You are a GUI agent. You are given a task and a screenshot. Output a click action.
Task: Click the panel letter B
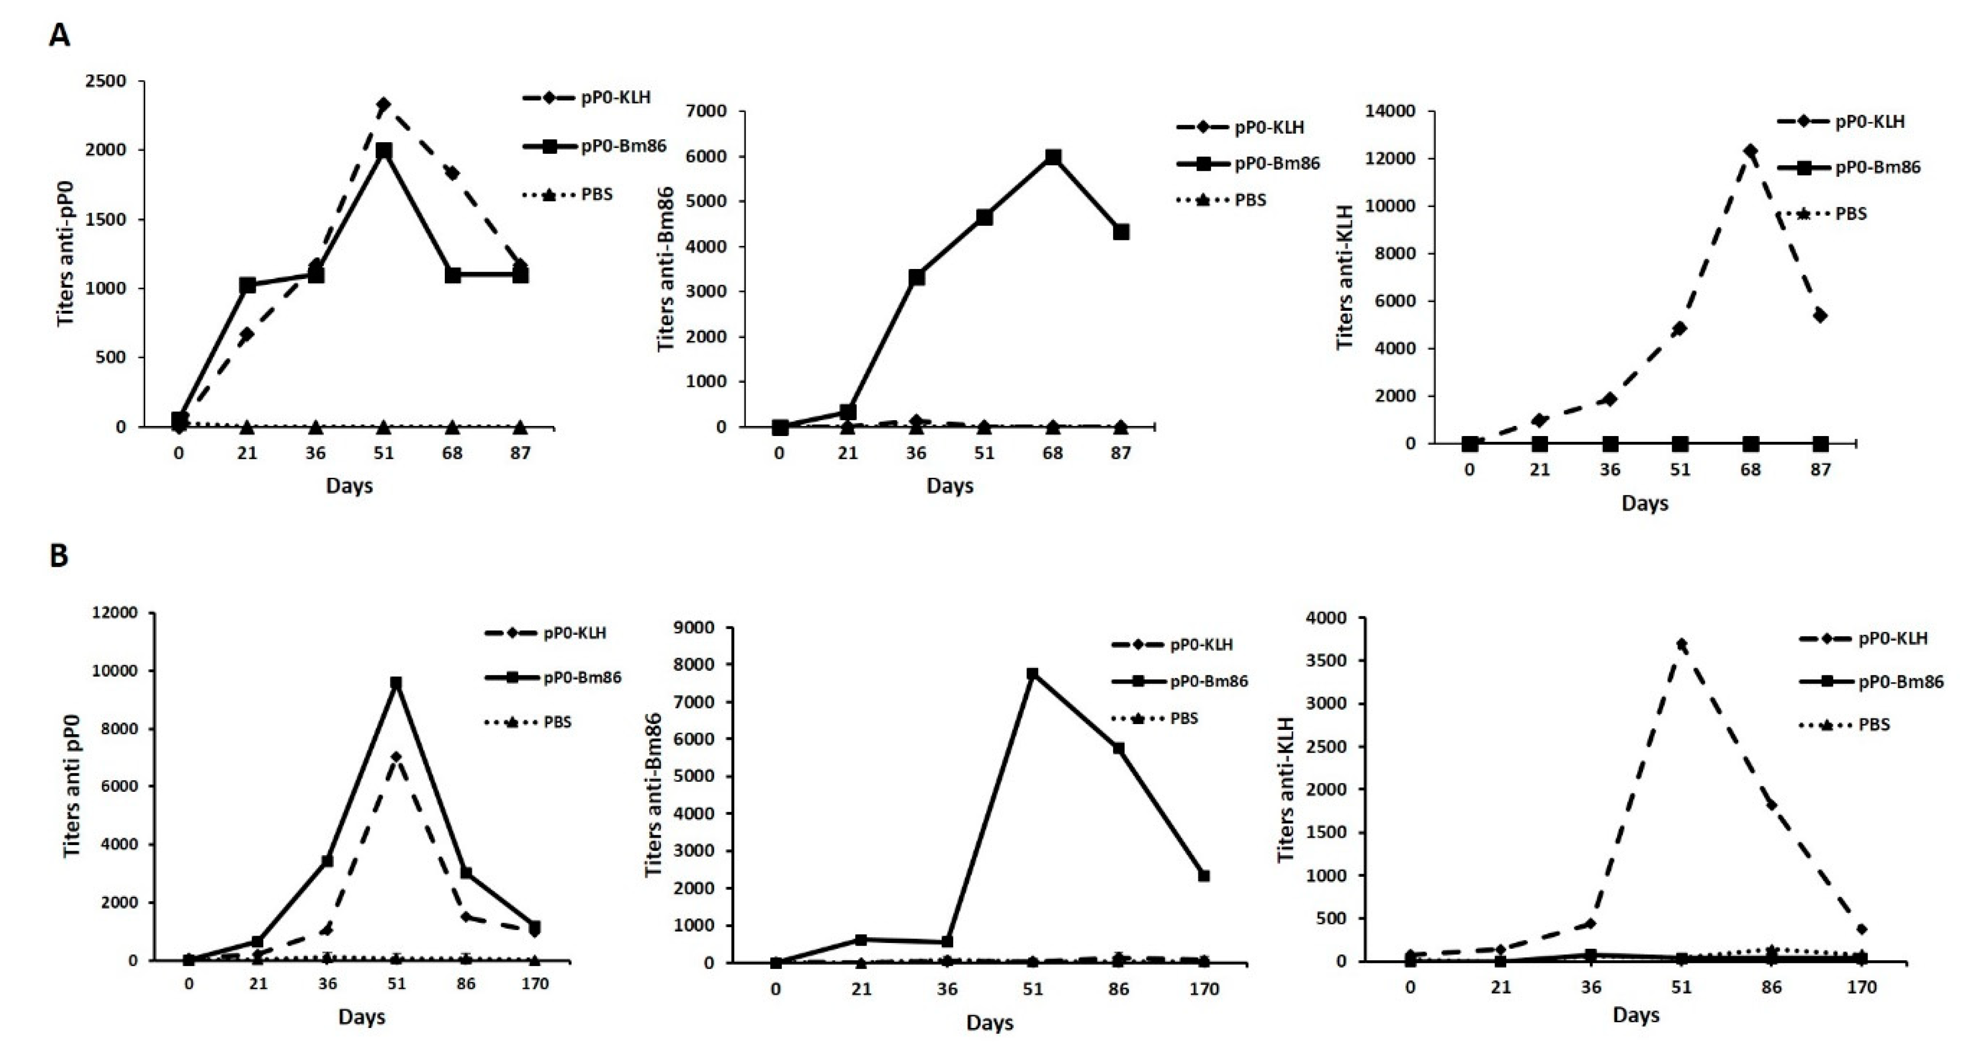tap(59, 555)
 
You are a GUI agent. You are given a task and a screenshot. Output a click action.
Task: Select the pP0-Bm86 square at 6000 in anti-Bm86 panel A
tap(1053, 156)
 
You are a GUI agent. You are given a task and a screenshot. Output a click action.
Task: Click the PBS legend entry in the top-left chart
tap(596, 194)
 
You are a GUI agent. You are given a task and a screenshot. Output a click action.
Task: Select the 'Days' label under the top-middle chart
tap(949, 486)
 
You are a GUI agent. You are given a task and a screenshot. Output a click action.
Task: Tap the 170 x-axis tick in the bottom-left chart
tap(535, 984)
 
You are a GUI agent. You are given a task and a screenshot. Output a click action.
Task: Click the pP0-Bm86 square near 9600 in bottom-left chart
tap(396, 683)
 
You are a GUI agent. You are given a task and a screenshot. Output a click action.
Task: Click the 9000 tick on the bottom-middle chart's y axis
tap(697, 627)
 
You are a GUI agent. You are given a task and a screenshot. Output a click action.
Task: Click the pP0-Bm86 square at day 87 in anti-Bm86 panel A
tap(1121, 231)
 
